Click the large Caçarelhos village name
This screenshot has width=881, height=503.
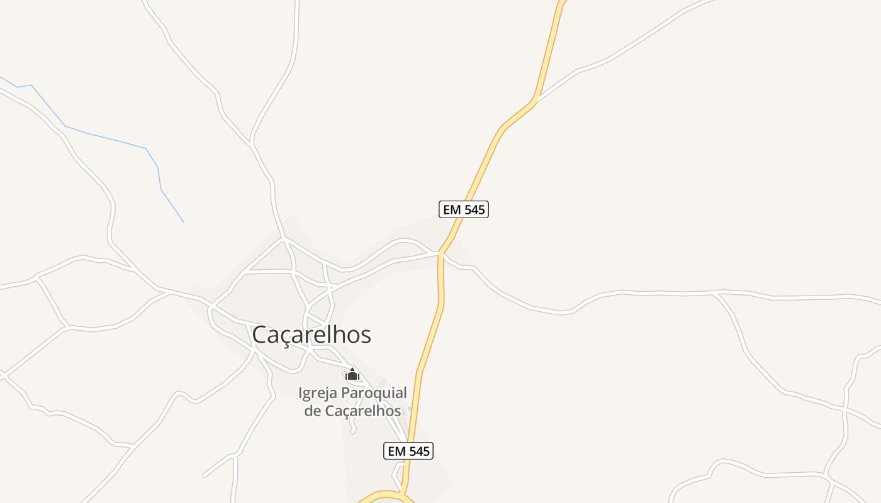(311, 335)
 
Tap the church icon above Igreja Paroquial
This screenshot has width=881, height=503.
(352, 375)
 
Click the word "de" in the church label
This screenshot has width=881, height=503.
(312, 411)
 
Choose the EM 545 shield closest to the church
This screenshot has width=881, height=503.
(408, 451)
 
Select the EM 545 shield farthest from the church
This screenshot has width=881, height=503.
(464, 209)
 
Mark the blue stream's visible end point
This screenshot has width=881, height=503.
(184, 222)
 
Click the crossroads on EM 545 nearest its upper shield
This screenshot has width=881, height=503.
(442, 253)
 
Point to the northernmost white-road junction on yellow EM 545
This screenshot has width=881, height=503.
(534, 101)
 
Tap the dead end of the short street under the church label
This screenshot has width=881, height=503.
(353, 432)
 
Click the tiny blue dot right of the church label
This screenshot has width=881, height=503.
(410, 409)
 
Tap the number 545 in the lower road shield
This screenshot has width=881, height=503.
(418, 451)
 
